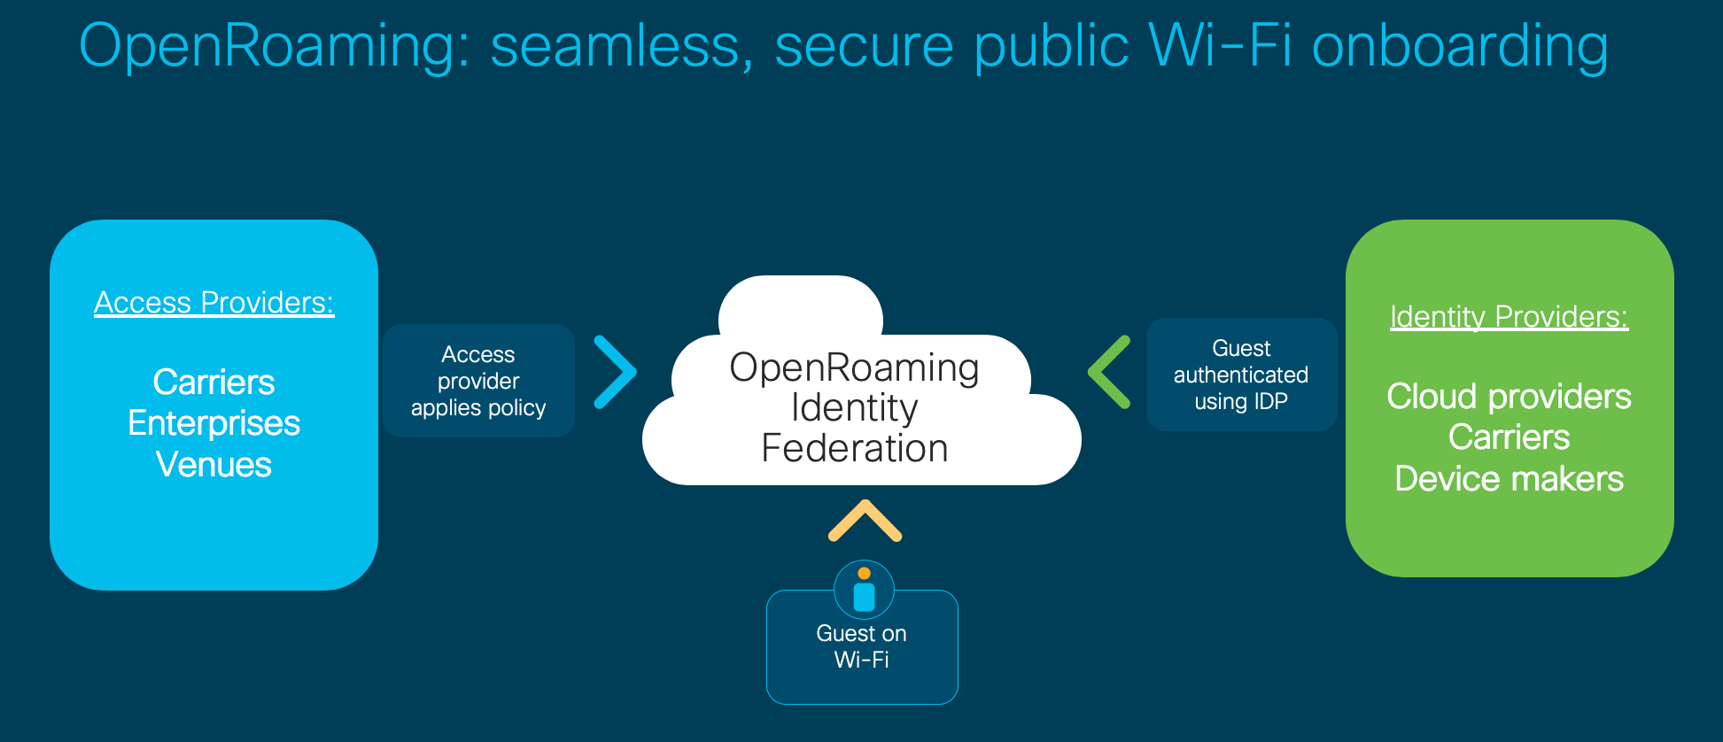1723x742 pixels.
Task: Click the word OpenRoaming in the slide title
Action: tap(273, 46)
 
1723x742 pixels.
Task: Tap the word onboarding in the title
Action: tap(1459, 46)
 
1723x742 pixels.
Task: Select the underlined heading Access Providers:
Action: tap(214, 303)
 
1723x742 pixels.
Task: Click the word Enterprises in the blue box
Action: tap(214, 423)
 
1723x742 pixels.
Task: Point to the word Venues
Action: tap(214, 465)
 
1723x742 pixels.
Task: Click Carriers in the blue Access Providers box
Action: tap(214, 383)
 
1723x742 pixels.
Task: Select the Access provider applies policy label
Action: tap(478, 381)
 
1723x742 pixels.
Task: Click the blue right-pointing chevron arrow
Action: tap(616, 372)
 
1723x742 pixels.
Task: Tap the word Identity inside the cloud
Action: tap(854, 407)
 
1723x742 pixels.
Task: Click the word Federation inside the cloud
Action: tap(854, 448)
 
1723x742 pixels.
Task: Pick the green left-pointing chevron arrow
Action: tap(1109, 372)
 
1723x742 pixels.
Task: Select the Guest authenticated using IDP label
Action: tap(1240, 375)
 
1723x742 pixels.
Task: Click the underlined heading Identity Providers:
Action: tap(1509, 317)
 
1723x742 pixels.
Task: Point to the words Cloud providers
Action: tap(1509, 397)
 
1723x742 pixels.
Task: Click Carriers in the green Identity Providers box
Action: tap(1509, 437)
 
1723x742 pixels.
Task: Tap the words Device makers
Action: tap(1509, 479)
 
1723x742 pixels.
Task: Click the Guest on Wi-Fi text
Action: tap(861, 646)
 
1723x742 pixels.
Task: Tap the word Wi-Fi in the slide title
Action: tap(1220, 46)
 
